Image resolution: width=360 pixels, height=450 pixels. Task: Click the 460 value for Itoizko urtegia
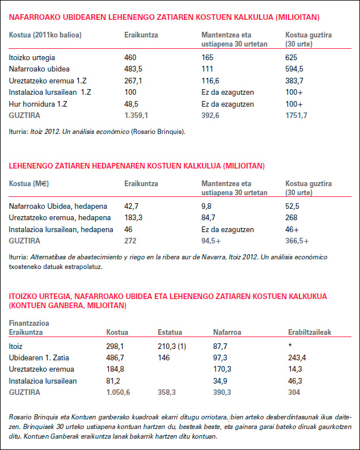[131, 57]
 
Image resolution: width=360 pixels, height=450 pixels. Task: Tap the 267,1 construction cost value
[133, 81]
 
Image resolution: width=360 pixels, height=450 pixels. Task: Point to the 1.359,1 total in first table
[136, 115]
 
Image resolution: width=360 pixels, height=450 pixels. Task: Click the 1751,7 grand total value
[297, 115]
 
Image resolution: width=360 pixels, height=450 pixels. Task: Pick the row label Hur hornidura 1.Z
[37, 104]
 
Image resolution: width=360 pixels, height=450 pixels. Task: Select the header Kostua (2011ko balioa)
[45, 35]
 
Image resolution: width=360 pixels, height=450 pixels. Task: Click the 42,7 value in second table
[132, 206]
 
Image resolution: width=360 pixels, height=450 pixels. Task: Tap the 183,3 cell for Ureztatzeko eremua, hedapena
[134, 217]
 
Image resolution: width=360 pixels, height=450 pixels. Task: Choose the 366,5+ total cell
[297, 241]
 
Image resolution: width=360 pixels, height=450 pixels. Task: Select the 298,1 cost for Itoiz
[116, 345]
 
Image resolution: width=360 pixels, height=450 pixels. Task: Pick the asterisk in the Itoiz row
[290, 345]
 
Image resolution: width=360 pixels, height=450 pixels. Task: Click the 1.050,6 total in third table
[118, 392]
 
